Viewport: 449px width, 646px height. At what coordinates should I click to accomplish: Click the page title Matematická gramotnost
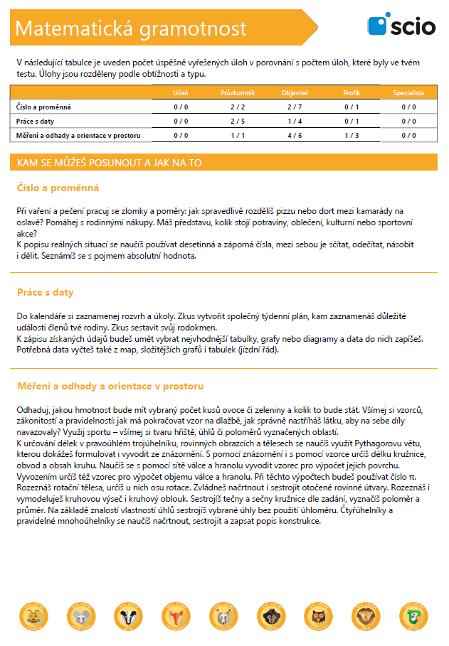(x=131, y=28)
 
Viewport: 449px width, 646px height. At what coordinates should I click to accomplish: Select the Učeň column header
(x=181, y=93)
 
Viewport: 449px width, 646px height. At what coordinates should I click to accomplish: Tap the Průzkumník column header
(x=238, y=93)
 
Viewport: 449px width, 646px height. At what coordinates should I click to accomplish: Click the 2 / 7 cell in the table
(x=295, y=107)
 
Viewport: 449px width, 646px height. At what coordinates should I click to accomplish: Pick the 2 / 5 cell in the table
(x=238, y=121)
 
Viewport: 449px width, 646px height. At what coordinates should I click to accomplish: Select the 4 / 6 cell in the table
(x=295, y=134)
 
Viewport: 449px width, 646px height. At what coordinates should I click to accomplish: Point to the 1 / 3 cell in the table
(x=352, y=134)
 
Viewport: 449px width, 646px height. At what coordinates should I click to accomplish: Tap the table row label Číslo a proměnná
(x=43, y=107)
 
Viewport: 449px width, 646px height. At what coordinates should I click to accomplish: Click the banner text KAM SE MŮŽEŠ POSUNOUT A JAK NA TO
(x=109, y=163)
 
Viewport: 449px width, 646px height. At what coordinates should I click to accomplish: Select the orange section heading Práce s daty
(x=45, y=292)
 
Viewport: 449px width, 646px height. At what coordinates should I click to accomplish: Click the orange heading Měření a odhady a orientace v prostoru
(x=110, y=386)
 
